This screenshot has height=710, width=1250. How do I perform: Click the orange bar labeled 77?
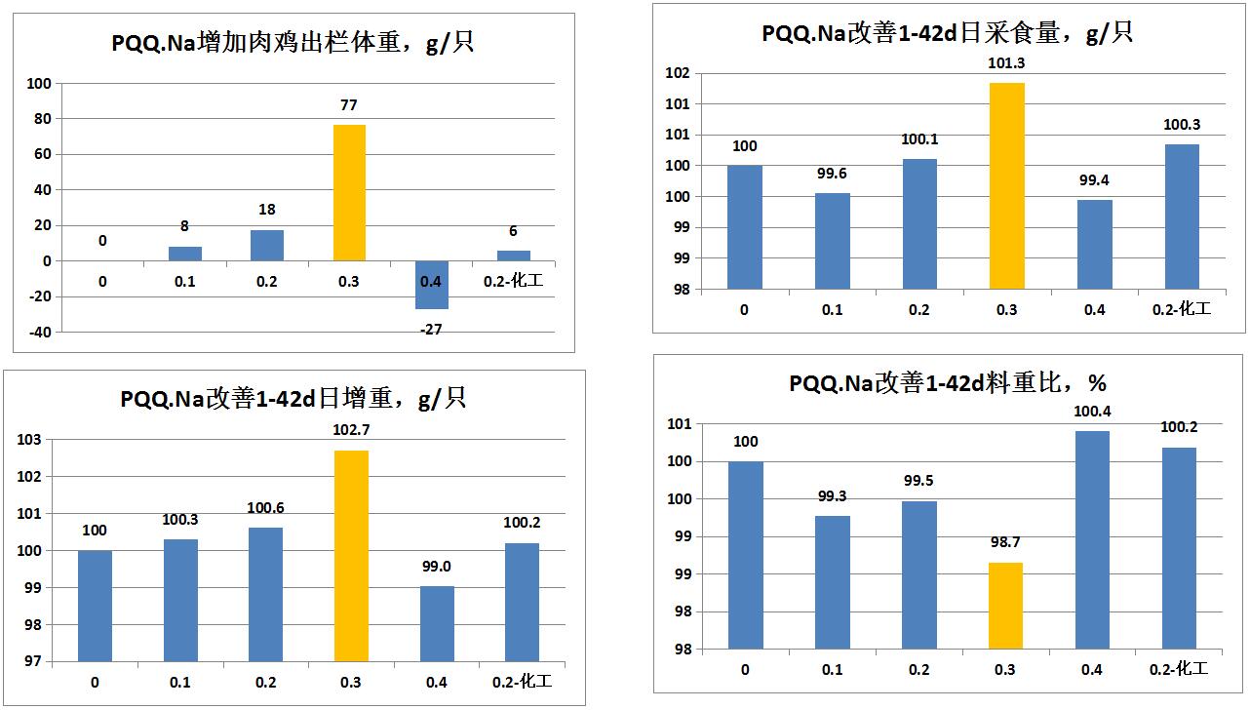coord(350,192)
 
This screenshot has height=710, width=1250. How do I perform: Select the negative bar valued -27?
coord(432,285)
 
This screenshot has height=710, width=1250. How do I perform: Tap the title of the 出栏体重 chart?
coord(291,44)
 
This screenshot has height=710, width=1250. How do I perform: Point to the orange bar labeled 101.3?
coord(1007,185)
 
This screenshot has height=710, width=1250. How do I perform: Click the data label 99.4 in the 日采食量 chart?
coord(1094,180)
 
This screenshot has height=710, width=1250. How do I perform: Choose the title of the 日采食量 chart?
coord(947,33)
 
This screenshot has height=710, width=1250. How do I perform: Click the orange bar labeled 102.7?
coord(351,556)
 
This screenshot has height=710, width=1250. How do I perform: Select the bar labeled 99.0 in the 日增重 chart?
coord(437,623)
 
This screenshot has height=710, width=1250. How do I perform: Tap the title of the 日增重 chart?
coord(293,399)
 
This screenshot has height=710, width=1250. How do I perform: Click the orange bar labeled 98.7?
coord(1005,606)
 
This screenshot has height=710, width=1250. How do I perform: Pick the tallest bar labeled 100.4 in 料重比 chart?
coord(1092,539)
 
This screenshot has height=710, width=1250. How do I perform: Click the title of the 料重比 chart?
coord(947,383)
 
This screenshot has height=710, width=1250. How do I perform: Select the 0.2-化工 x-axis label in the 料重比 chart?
coord(1178,669)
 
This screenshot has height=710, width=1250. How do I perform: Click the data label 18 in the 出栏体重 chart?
coord(266,210)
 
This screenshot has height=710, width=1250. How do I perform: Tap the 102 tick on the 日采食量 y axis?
coord(679,73)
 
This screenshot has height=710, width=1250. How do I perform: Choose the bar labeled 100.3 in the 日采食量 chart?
coord(1181,217)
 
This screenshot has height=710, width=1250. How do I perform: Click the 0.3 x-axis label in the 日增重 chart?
coord(351,682)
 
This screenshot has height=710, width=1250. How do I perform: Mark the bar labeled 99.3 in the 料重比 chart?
coord(832,582)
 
